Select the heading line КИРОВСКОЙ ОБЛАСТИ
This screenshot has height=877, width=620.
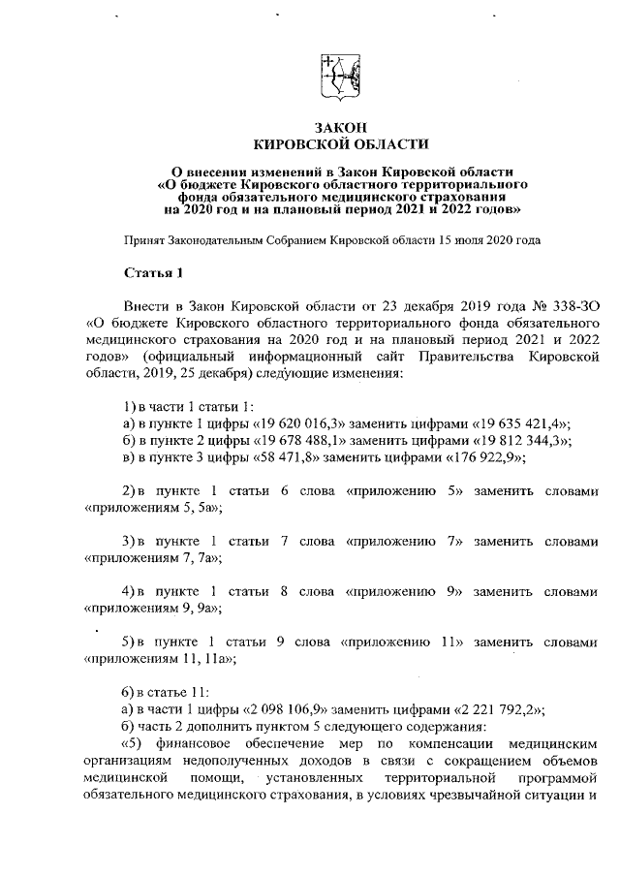click(339, 143)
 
